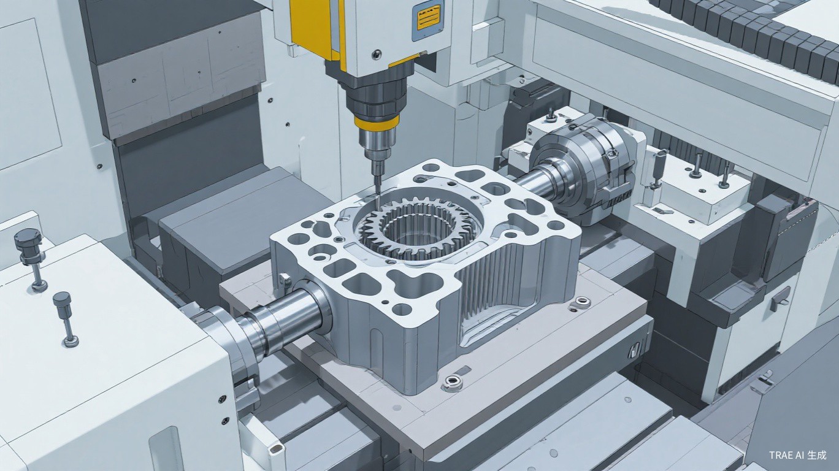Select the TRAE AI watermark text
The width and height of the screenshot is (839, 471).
click(796, 455)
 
